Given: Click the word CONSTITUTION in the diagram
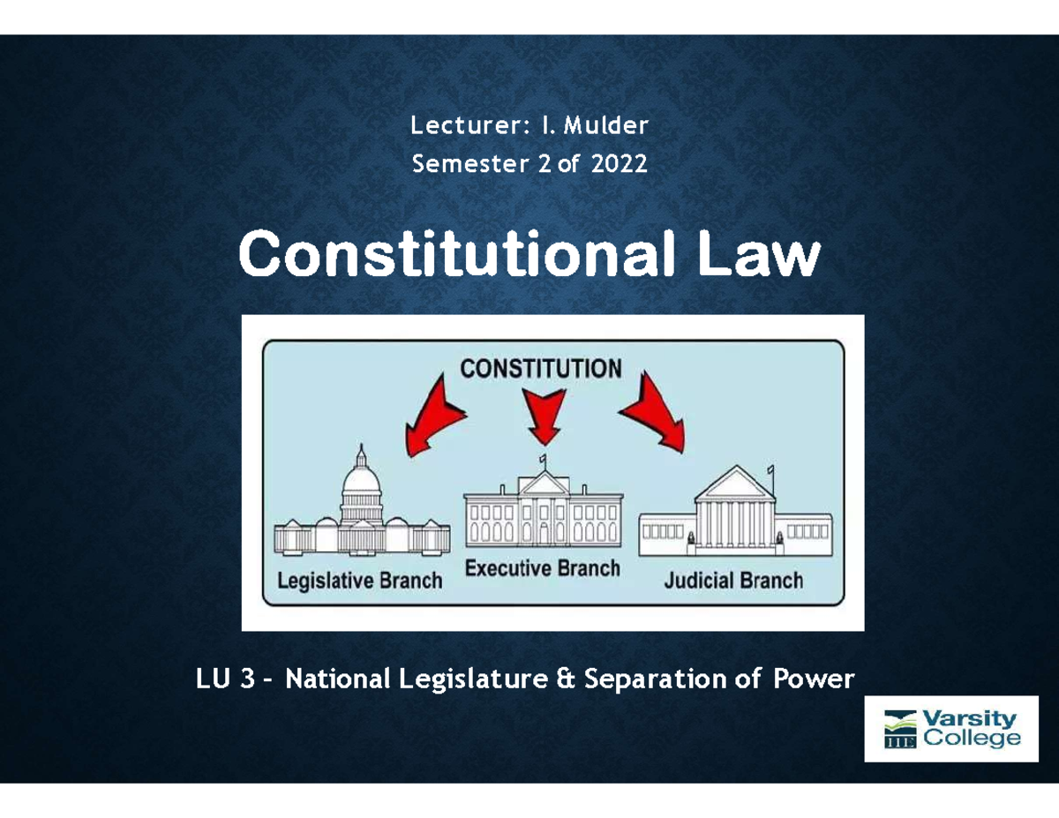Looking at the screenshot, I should pos(540,368).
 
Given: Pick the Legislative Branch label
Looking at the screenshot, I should pos(359,582).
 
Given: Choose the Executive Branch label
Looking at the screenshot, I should pos(542,568).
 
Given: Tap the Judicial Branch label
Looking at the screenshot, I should pos(733,581).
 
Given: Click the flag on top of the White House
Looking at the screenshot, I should pos(545,458).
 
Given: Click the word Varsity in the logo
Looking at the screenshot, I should pos(968,719).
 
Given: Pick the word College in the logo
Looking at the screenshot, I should pos(971,739).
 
